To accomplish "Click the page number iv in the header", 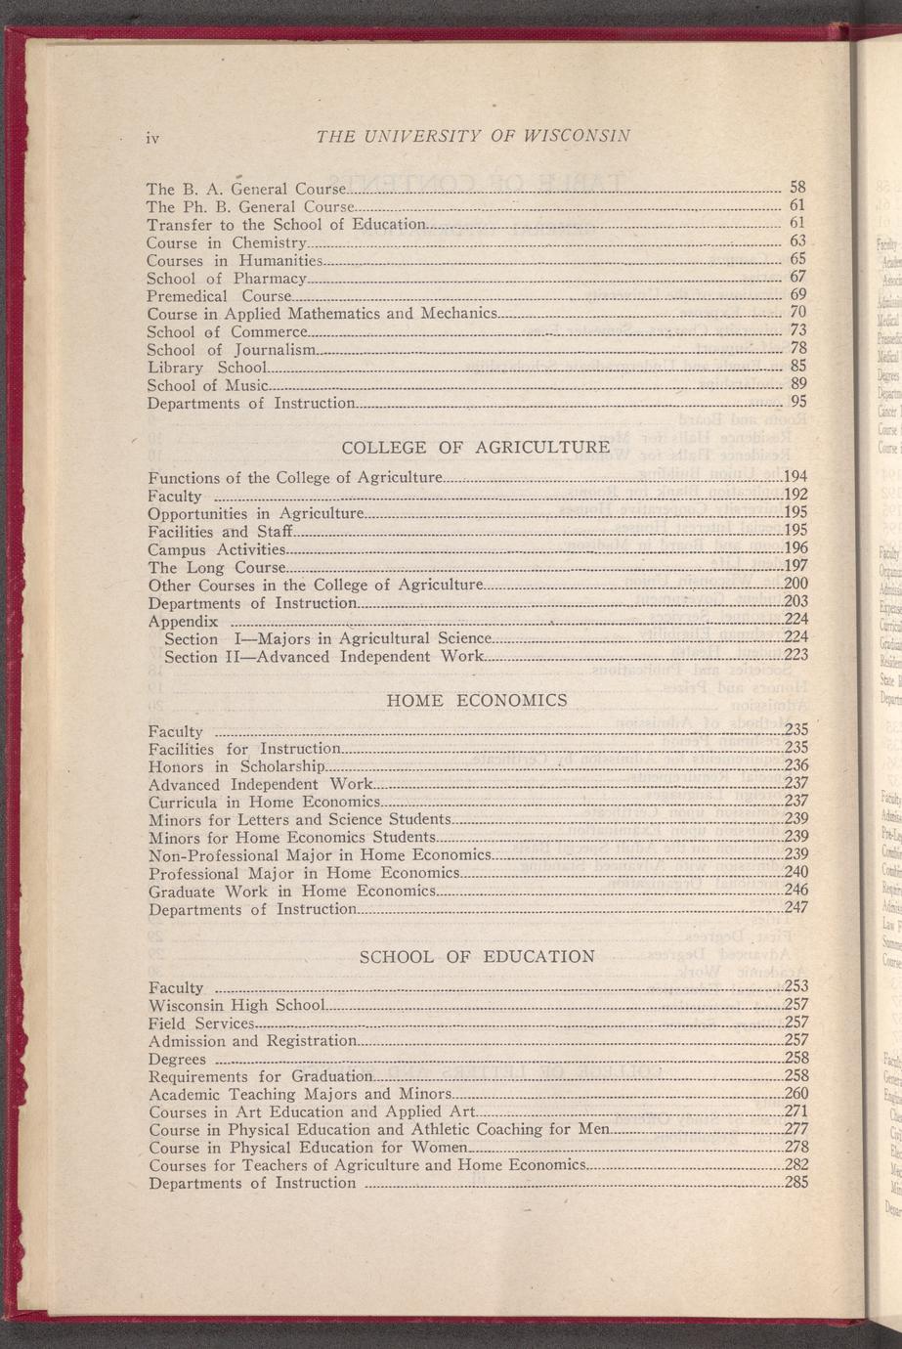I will (151, 138).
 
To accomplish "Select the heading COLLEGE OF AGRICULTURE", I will (475, 448).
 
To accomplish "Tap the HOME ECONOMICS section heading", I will (477, 700).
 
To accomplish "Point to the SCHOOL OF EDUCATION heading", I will (477, 956).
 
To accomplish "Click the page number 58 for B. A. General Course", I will (796, 187).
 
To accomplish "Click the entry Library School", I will (206, 368).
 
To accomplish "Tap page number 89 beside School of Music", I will (796, 384).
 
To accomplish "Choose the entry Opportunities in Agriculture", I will (256, 513).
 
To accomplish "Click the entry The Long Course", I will (216, 567).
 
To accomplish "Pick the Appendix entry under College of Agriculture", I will (183, 621).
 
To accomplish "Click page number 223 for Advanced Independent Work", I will (795, 656).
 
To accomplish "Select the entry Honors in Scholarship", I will (236, 766).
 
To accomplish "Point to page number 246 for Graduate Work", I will (795, 891).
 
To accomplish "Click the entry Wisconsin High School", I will (236, 1005).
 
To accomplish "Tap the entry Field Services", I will (201, 1023).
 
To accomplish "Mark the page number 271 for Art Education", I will (796, 1111).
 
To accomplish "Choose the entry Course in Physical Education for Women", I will (309, 1147).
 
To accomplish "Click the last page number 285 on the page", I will (796, 1183).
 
